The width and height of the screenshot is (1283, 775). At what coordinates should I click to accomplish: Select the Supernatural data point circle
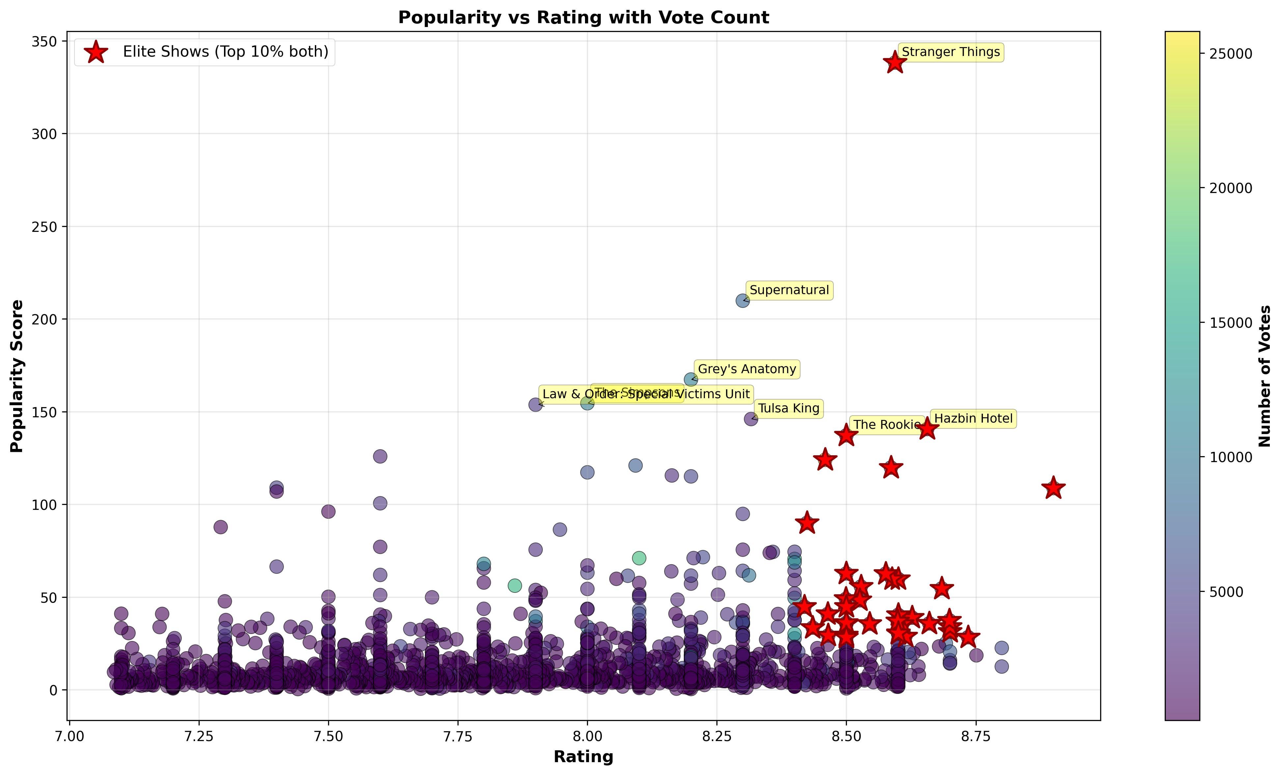tap(742, 300)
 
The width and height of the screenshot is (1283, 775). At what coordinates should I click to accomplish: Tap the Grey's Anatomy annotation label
tap(747, 369)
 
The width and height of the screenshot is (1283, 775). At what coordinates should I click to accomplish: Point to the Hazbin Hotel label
tap(973, 419)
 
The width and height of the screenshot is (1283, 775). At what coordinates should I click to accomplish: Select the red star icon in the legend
tap(96, 52)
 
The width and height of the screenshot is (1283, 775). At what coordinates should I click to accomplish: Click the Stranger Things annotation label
tap(950, 52)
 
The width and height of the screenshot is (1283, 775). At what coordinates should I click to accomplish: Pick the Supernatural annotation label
tap(789, 290)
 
